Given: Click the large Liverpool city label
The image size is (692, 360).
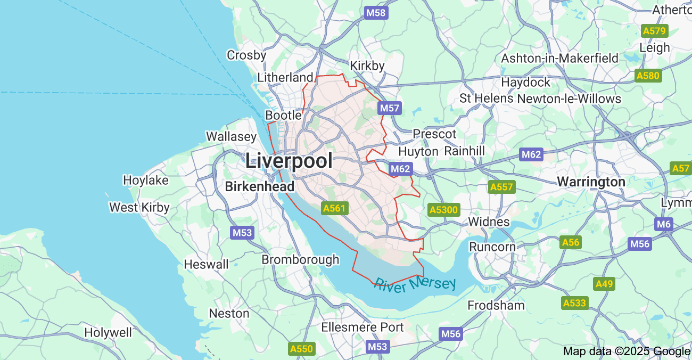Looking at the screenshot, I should click(289, 161).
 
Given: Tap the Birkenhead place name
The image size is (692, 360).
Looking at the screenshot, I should click(259, 187).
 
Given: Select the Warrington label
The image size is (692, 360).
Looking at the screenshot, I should click(591, 182).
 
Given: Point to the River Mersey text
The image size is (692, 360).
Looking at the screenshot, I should click(415, 285).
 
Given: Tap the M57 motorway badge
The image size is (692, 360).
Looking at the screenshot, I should click(390, 109).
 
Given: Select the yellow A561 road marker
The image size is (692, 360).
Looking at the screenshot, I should click(334, 208).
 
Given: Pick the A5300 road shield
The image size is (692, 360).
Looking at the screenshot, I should click(443, 210).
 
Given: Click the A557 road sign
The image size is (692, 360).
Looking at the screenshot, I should click(501, 187).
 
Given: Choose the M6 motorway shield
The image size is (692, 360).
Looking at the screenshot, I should click(664, 224).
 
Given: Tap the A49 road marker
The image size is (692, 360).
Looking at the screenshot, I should click(604, 284).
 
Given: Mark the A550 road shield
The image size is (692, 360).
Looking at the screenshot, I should click(302, 349).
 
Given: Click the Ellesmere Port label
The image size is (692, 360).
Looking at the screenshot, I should click(363, 327).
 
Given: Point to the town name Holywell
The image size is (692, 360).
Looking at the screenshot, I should click(108, 333).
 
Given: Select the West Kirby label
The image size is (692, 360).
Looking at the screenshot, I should click(139, 207).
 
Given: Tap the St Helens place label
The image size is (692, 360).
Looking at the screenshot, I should click(487, 99).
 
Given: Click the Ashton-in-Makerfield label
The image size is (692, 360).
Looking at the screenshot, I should click(560, 58).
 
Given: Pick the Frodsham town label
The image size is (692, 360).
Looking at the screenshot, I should click(496, 305).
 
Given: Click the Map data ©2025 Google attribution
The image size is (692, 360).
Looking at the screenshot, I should click(627, 351).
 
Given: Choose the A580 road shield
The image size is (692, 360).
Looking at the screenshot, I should click(648, 76).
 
